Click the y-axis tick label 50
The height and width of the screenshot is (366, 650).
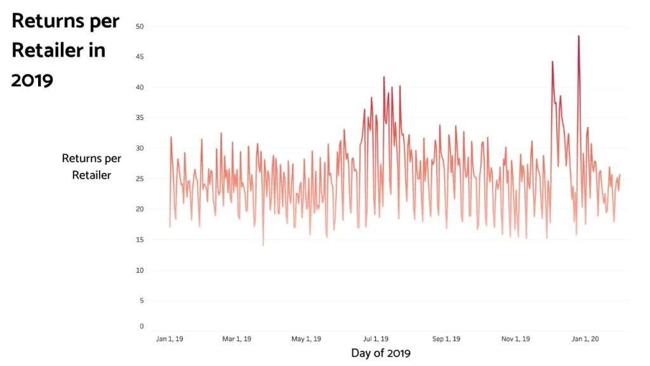click(x=140, y=27)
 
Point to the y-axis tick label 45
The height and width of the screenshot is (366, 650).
click(x=140, y=57)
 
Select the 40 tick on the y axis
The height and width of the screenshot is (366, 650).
click(x=140, y=88)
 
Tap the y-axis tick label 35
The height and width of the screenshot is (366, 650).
click(x=140, y=118)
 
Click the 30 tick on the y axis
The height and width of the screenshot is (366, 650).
click(x=140, y=149)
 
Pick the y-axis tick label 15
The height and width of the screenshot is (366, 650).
click(x=140, y=240)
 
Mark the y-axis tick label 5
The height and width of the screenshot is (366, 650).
click(x=142, y=301)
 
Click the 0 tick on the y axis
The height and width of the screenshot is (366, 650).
click(x=142, y=327)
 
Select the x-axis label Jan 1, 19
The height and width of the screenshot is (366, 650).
click(x=169, y=339)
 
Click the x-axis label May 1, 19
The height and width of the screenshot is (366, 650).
click(x=306, y=339)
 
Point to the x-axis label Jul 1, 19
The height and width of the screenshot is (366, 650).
click(x=375, y=339)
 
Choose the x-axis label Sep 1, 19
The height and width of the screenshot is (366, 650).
click(x=447, y=339)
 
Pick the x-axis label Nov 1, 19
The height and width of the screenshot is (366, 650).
click(x=516, y=339)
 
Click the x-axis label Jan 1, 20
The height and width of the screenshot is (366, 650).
click(x=585, y=339)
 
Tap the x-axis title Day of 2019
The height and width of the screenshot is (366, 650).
click(x=381, y=353)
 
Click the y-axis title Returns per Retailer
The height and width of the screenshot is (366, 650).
click(x=91, y=166)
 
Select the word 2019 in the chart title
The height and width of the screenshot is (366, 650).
click(x=32, y=81)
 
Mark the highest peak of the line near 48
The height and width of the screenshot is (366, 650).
click(x=578, y=36)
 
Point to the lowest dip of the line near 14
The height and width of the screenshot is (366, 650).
click(x=263, y=245)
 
